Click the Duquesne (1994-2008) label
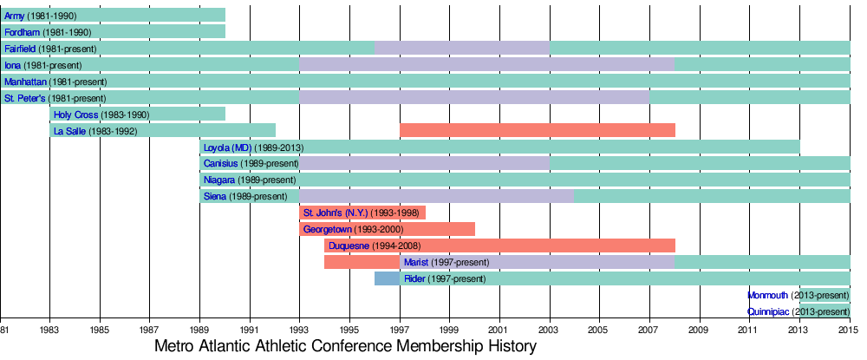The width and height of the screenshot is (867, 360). pyautogui.click(x=375, y=246)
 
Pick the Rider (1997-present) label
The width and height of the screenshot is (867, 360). pyautogui.click(x=445, y=278)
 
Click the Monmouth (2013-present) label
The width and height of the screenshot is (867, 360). pyautogui.click(x=799, y=295)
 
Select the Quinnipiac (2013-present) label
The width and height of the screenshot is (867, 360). pyautogui.click(x=799, y=311)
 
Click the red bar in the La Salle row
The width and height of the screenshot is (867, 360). pyautogui.click(x=537, y=131)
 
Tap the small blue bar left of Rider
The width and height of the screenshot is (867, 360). pyautogui.click(x=387, y=278)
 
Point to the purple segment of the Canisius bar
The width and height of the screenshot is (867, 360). pyautogui.click(x=424, y=164)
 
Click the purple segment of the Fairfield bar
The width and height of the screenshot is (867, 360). pyautogui.click(x=461, y=49)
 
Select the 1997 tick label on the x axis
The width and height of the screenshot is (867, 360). pyautogui.click(x=401, y=331)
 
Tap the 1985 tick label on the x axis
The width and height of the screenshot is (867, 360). pyautogui.click(x=100, y=331)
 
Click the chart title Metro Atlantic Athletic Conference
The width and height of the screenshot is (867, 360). pyautogui.click(x=346, y=347)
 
